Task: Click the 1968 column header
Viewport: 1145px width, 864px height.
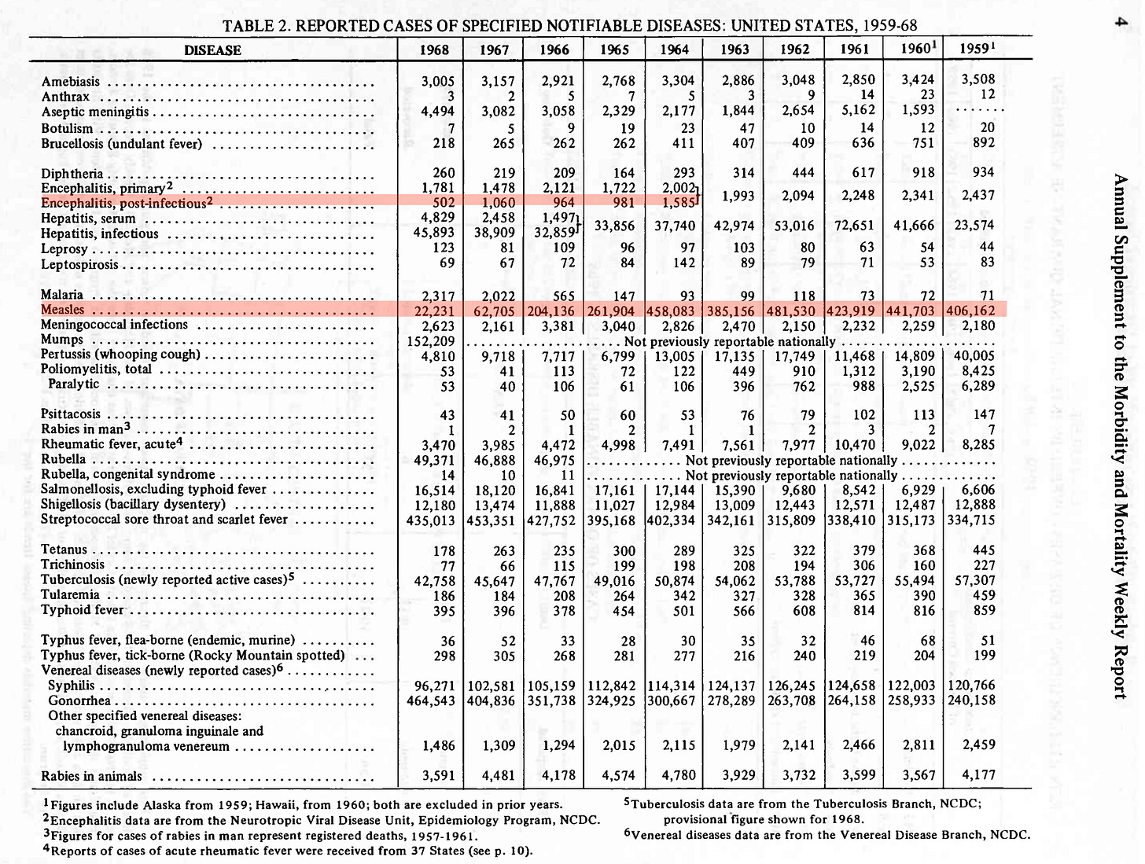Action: click(434, 50)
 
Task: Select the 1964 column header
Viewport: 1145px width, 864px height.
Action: click(674, 50)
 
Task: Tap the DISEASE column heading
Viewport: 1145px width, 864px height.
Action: click(212, 50)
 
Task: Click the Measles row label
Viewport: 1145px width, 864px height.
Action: click(62, 310)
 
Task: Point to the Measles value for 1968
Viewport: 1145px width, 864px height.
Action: click(435, 311)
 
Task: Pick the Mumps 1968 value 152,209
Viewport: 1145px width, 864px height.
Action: click(431, 341)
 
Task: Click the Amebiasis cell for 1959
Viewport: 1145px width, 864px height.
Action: click(977, 79)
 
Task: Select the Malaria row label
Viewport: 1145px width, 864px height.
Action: click(61, 295)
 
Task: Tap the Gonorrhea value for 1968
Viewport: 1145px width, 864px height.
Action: click(431, 700)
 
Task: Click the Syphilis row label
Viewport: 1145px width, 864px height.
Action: click(71, 686)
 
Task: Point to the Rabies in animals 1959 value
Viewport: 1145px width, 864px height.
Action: click(978, 775)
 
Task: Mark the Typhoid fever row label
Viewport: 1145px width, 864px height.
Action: click(82, 610)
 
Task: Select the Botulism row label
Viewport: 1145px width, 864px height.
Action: click(67, 128)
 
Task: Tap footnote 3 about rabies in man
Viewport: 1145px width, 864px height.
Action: click(260, 835)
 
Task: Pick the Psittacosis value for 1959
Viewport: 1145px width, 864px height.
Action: click(983, 414)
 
